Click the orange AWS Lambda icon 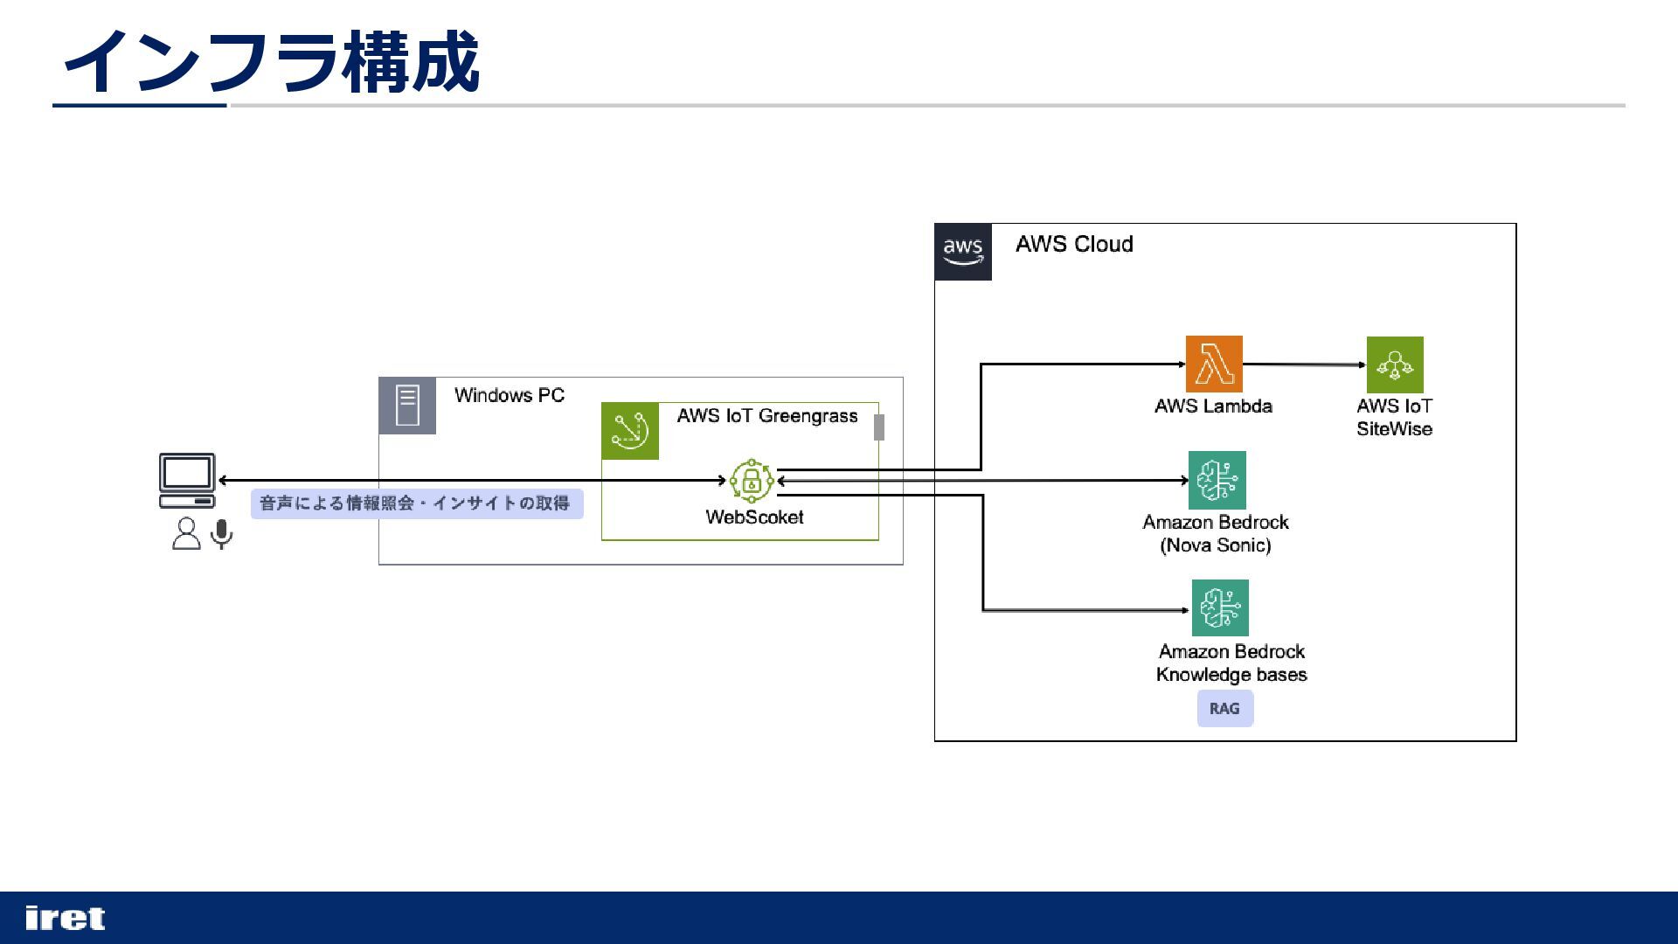(1214, 364)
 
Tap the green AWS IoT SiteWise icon (1395, 364)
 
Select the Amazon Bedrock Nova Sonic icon (1217, 480)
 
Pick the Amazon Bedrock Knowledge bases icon (1220, 607)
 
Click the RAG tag (1225, 708)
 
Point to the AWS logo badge (963, 252)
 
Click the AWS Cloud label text (1074, 244)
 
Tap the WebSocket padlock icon (752, 480)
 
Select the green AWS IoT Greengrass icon (630, 431)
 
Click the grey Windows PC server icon (407, 406)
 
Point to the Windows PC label (510, 395)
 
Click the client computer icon (187, 480)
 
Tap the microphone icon (222, 534)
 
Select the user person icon (186, 533)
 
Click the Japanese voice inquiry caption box (417, 503)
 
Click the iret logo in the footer (66, 918)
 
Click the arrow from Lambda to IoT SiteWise (1305, 364)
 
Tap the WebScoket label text (754, 517)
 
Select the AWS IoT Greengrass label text (767, 416)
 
